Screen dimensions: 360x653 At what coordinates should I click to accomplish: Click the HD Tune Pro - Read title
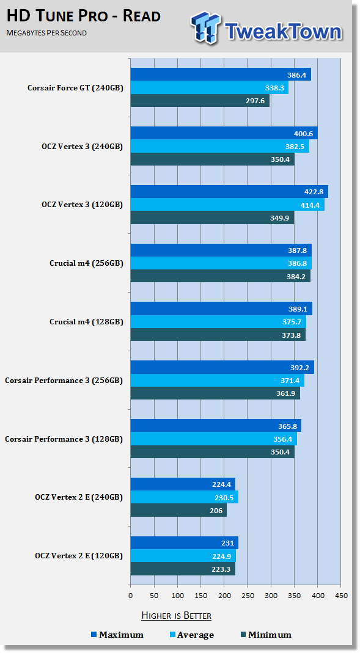coord(83,16)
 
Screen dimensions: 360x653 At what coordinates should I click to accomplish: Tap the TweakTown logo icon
coord(205,27)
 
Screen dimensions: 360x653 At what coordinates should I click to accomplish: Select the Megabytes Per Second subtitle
coord(46,33)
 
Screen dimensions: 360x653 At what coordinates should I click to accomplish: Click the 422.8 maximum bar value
coord(315,192)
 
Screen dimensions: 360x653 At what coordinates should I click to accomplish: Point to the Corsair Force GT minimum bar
coord(200,101)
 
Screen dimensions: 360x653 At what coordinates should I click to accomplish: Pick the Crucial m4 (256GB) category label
coord(86,263)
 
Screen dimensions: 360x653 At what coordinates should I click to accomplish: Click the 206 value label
coord(216,511)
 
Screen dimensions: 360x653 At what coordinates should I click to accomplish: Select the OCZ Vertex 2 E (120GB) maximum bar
coord(184,543)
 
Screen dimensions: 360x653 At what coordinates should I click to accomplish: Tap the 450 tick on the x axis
coord(341,596)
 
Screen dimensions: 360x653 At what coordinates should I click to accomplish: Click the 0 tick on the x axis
coord(130,596)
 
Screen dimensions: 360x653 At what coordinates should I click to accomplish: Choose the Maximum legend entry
coord(117,635)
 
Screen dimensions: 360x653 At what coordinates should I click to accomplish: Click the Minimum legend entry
coord(266,635)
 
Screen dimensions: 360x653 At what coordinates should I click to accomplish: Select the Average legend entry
coord(192,635)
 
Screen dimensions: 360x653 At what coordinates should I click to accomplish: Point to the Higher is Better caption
coord(176,616)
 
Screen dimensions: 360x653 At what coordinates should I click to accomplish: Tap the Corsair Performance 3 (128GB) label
coord(64,439)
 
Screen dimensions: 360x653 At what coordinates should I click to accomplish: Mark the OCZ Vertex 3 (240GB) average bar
coord(220,147)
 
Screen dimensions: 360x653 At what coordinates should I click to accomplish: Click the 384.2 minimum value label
coord(296,276)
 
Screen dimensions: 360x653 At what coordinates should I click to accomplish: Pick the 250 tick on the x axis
coord(248,596)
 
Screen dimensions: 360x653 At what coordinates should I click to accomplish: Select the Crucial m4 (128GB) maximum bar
coord(221,308)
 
